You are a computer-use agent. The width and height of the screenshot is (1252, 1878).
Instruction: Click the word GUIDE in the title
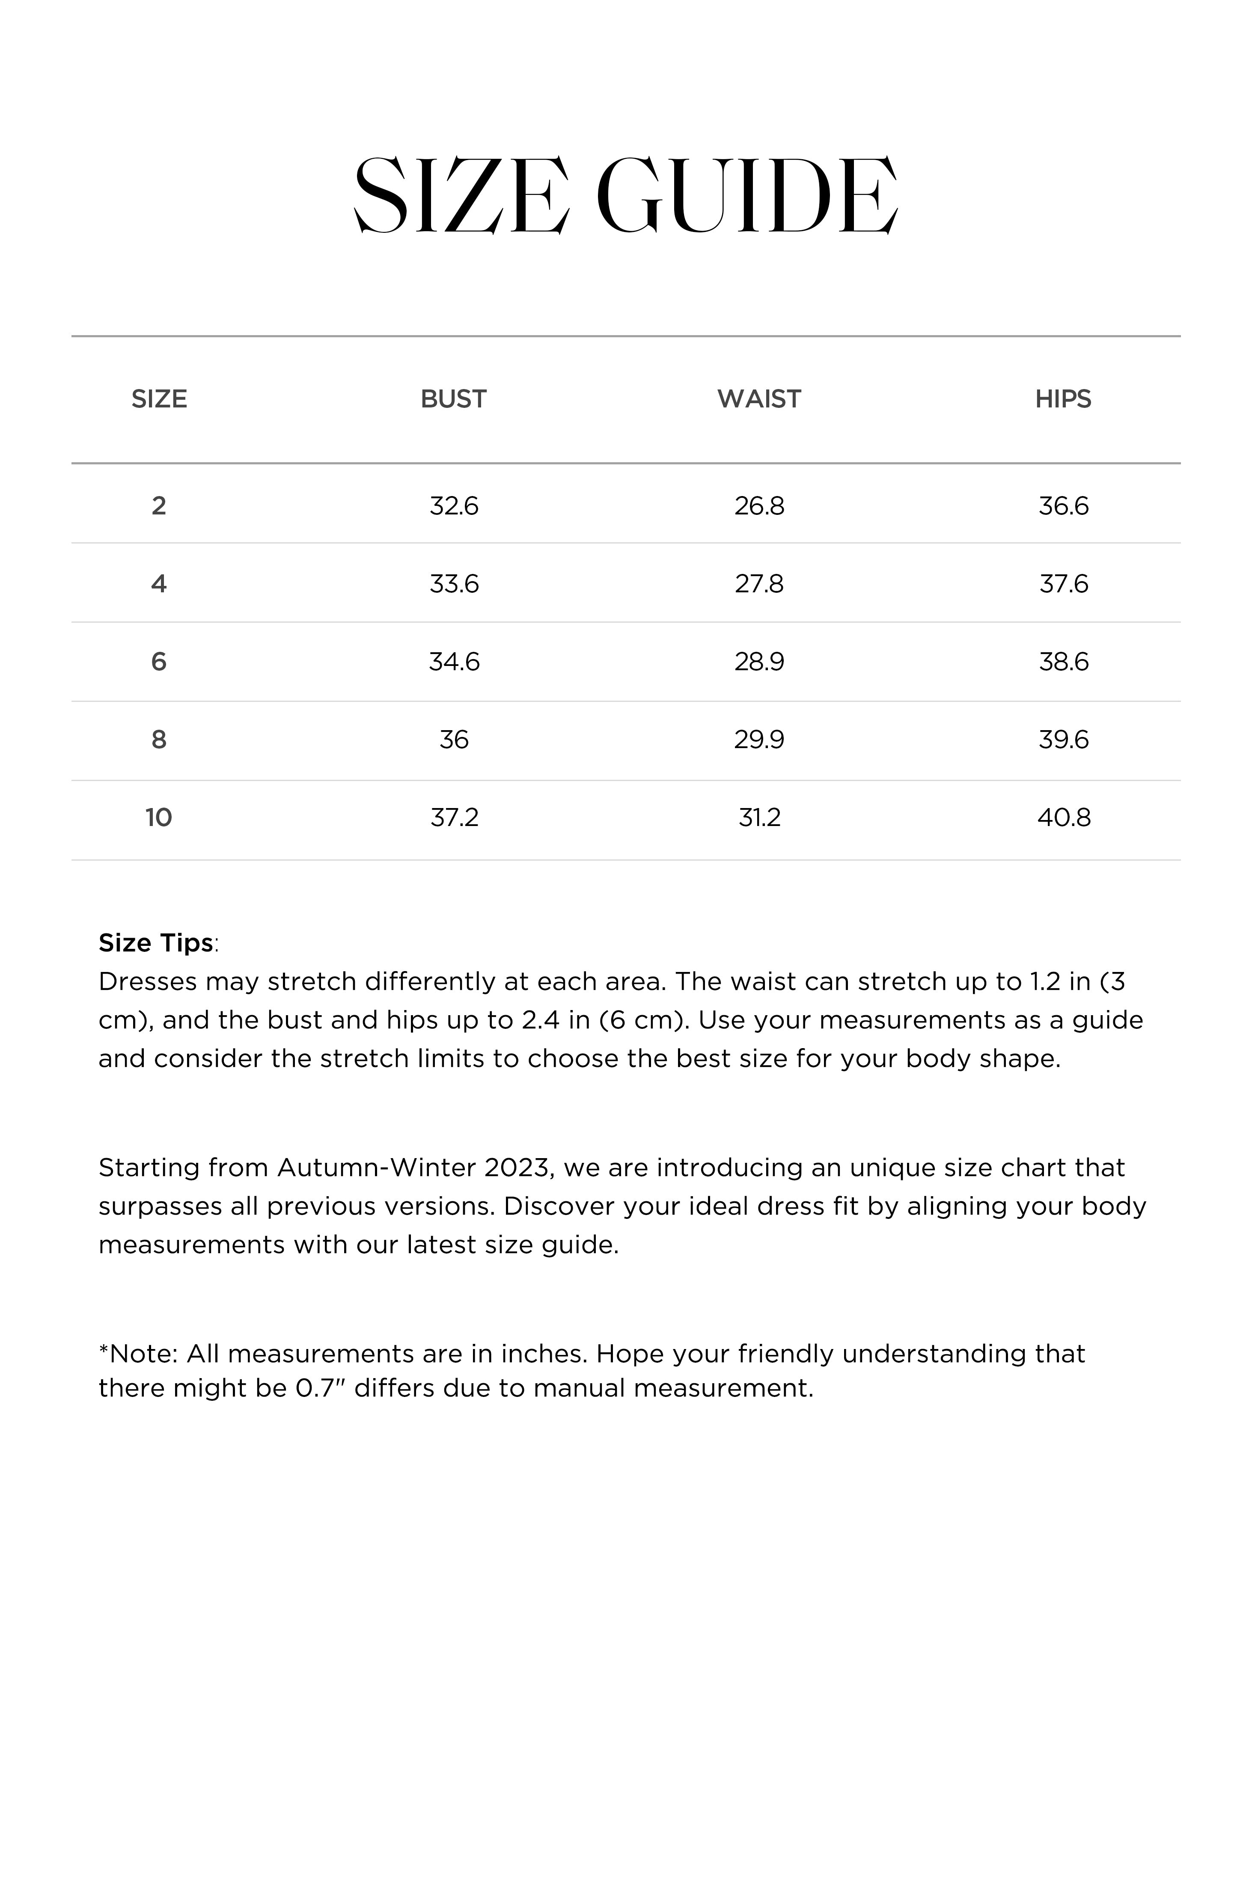[746, 196]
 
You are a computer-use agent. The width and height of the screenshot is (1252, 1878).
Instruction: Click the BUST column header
[454, 399]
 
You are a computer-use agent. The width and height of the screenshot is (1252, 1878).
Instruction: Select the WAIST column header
[758, 399]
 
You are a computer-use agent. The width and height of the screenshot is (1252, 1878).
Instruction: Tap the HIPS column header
[1063, 399]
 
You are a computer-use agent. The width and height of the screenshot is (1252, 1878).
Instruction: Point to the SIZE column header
[159, 399]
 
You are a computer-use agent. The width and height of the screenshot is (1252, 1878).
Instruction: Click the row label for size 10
[159, 817]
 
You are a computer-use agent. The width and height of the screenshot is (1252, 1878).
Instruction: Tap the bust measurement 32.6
[454, 506]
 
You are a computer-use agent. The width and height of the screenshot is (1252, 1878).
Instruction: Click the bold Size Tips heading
[156, 942]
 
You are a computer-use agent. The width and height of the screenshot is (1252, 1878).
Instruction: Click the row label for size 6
[159, 662]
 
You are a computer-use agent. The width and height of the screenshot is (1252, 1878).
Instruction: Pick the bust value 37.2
[454, 817]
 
